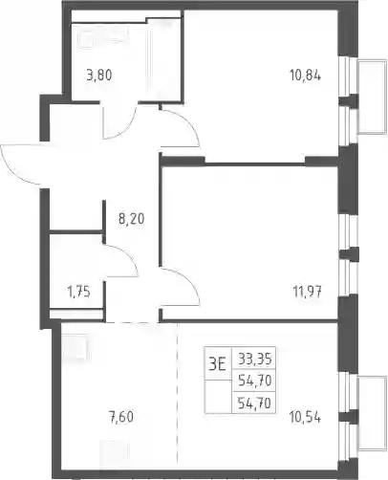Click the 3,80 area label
point(99,76)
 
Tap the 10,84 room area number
point(305,76)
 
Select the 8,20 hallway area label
point(131,219)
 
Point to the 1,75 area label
point(79,292)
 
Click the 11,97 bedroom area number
point(307,292)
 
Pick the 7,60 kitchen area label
point(121,417)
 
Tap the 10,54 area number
point(305,417)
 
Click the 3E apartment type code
point(217,363)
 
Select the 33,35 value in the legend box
point(255,360)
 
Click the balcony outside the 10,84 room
point(372,97)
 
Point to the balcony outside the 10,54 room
point(372,414)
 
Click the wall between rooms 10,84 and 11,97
point(255,164)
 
